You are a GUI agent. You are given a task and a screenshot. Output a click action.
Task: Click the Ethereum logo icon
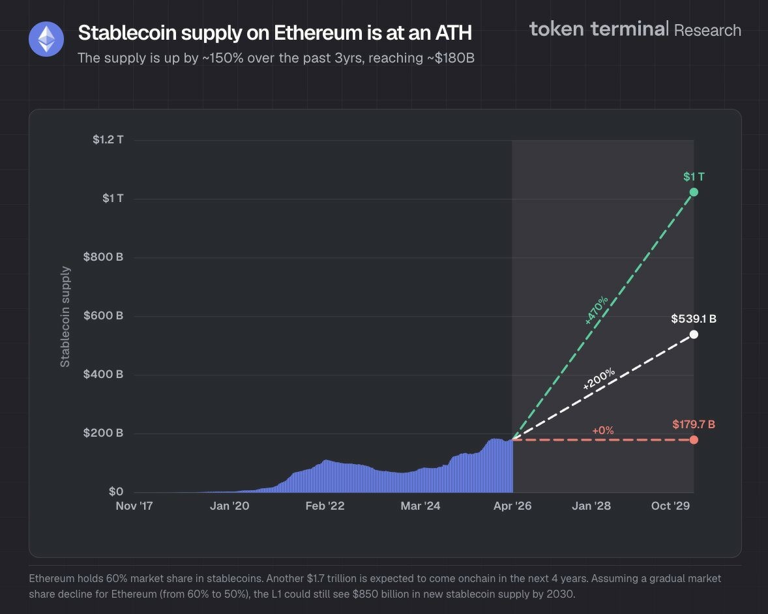(46, 39)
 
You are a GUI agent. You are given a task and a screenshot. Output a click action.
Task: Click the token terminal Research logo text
(635, 29)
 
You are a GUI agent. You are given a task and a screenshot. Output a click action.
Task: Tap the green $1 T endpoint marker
(694, 192)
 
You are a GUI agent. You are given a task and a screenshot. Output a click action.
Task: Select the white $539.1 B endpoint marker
(694, 334)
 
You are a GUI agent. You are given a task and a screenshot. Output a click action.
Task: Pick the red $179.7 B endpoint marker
(694, 439)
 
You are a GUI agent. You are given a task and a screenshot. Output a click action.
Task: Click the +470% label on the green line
(597, 310)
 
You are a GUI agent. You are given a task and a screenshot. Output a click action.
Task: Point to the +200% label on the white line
(598, 379)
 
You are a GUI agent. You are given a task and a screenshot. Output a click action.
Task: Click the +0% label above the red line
(603, 430)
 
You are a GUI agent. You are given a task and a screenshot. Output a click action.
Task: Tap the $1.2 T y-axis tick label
(108, 139)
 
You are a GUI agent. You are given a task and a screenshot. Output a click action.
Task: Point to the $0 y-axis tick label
(115, 491)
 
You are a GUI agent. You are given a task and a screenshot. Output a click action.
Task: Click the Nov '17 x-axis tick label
(134, 506)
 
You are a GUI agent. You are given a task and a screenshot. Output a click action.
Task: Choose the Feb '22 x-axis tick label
(325, 506)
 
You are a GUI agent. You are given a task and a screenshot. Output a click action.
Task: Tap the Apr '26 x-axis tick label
(512, 506)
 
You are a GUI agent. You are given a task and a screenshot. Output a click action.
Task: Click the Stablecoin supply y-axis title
(65, 316)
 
